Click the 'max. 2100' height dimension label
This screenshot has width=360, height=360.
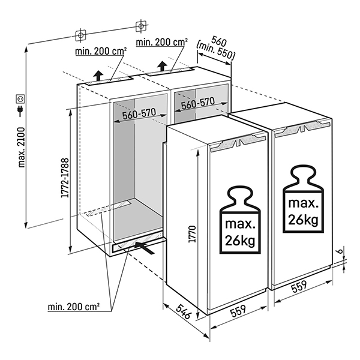click(22, 147)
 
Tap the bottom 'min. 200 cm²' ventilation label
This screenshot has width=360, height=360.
click(74, 307)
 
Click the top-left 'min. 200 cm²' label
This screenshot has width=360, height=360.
click(101, 52)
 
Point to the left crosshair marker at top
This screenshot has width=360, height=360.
click(81, 34)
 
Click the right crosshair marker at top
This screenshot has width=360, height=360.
click(140, 25)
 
